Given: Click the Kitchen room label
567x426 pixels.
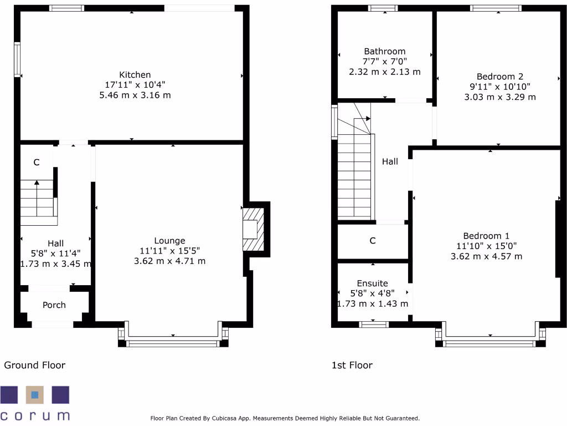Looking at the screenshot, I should (135, 75).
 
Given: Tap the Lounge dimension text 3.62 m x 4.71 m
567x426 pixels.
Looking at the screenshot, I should (169, 261).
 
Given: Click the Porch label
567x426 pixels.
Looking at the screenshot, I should (54, 305).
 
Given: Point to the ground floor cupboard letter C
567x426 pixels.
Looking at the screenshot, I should (37, 163).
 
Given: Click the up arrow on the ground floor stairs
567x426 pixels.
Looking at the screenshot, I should (37, 183).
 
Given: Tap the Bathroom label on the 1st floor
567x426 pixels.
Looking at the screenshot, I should (384, 52).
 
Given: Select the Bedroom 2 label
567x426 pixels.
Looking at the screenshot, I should (499, 77).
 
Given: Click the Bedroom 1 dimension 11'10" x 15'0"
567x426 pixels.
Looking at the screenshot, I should (486, 246).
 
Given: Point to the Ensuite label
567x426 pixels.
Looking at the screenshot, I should (373, 283).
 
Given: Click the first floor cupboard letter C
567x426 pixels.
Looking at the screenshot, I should (373, 241).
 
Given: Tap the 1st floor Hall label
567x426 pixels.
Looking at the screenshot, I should (390, 162).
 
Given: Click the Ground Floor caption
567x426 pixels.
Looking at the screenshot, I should (35, 365).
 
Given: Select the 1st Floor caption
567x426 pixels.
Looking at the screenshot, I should (352, 365).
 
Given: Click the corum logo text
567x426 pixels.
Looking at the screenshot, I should (35, 415).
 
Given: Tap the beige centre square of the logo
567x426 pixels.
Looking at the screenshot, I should (35, 395).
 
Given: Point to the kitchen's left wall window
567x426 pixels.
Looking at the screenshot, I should (17, 59).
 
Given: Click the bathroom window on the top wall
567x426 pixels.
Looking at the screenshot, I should (383, 8).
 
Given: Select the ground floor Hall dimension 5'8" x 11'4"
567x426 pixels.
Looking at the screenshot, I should (55, 253).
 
